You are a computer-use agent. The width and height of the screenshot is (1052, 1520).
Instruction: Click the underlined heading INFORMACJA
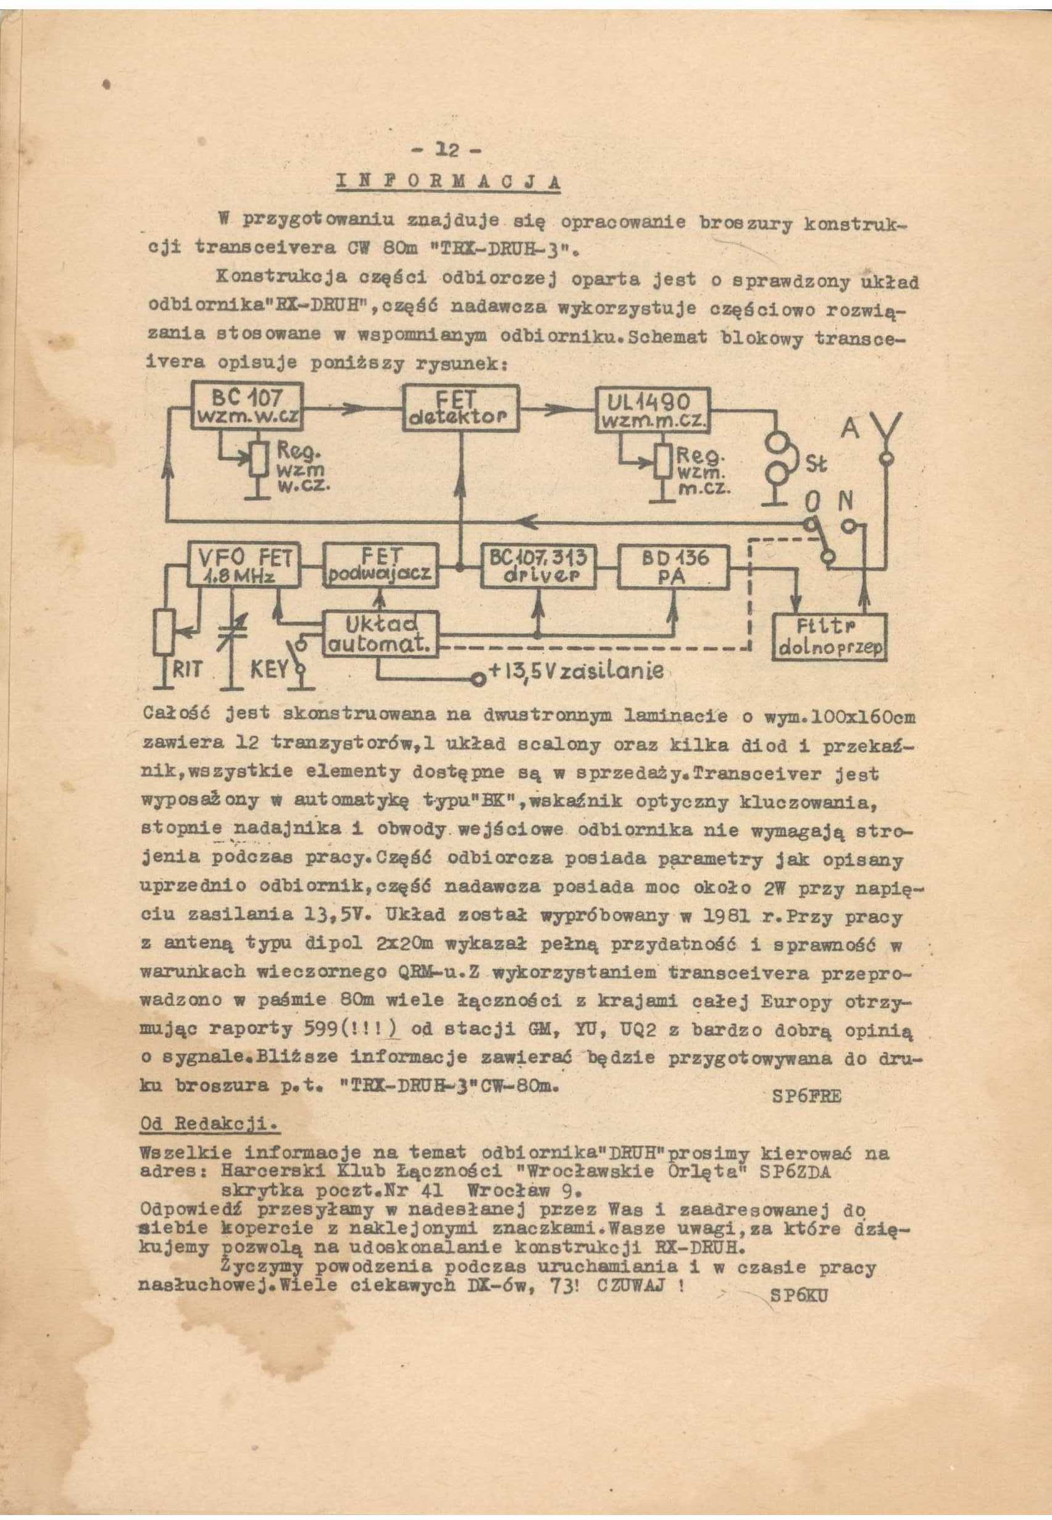[448, 182]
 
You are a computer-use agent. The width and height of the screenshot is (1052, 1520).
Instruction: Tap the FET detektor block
[461, 409]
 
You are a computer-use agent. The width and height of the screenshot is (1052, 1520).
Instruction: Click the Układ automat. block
[380, 633]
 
